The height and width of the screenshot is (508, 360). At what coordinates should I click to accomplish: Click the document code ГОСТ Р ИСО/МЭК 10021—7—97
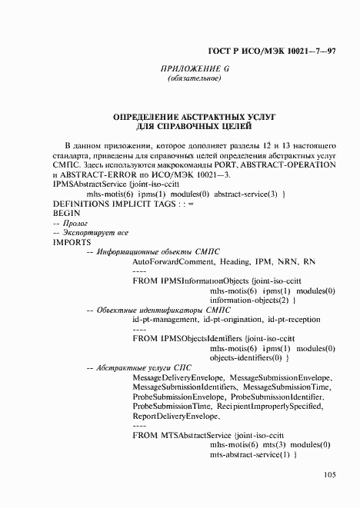point(272,51)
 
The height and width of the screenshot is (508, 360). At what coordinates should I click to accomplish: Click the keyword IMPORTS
point(72,241)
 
